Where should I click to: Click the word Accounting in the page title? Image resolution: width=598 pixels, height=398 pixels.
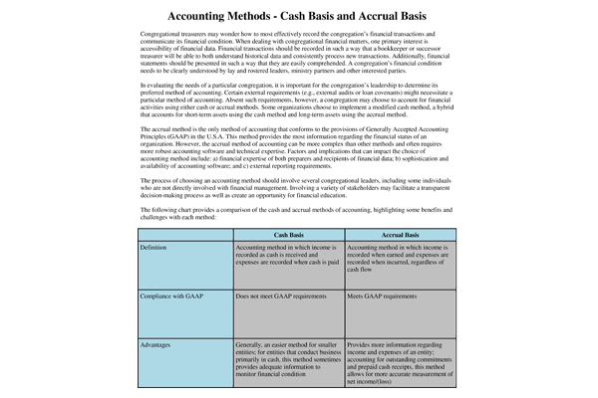pos(204,17)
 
